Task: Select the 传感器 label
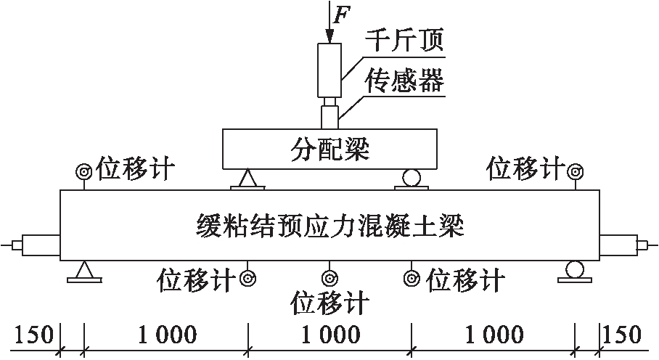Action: pos(405,81)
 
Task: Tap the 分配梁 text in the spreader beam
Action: pos(329,150)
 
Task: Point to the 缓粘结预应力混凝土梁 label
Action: pos(330,224)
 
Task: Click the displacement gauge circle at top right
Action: pos(576,171)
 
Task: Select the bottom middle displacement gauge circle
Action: pos(330,277)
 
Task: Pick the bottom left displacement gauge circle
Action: pos(248,277)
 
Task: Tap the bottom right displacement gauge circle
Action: pos(412,277)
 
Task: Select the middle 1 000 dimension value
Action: pos(330,335)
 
